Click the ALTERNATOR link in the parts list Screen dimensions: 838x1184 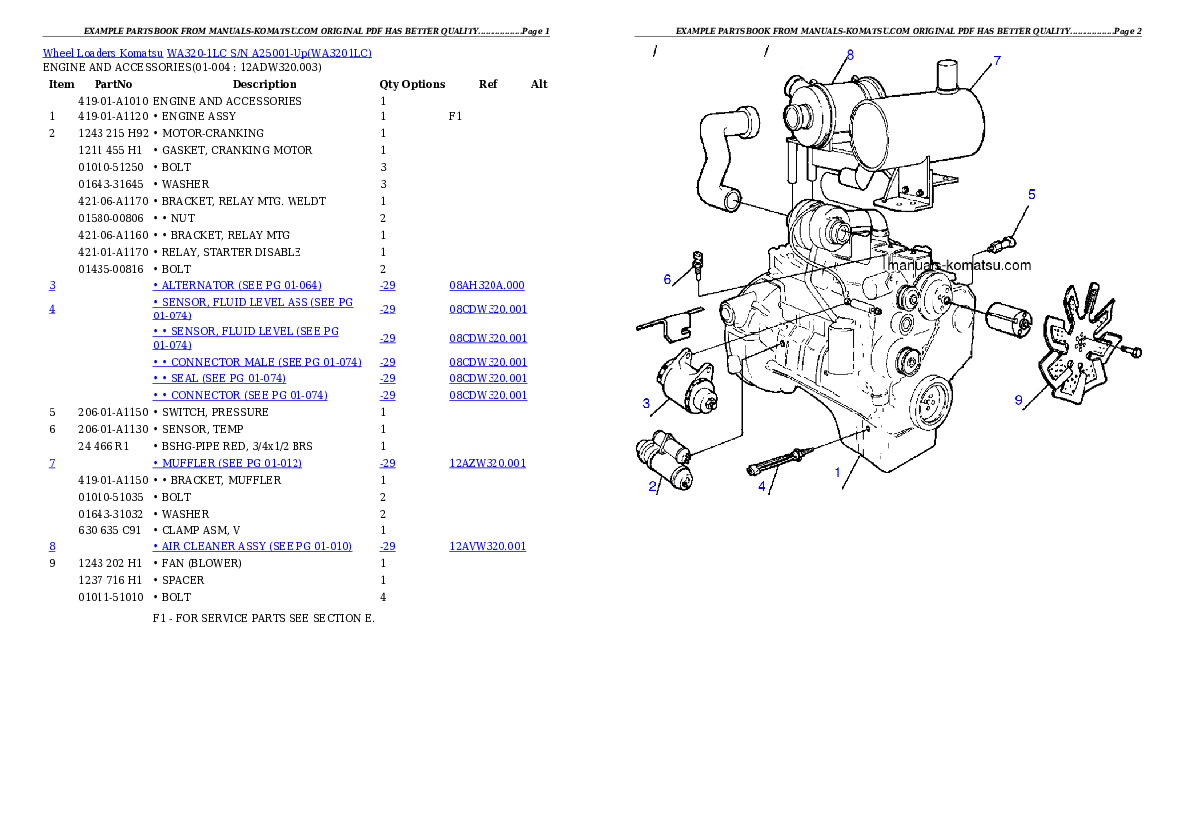242,285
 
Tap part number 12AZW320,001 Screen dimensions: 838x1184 488,464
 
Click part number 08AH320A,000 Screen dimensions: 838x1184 487,285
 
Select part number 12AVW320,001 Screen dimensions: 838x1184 488,547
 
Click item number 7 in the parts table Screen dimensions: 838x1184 52,464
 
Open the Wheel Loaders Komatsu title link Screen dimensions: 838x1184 207,52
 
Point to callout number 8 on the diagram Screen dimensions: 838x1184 850,54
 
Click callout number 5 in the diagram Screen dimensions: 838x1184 1031,194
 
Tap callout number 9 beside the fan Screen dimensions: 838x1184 1018,400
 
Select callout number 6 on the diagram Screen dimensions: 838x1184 667,279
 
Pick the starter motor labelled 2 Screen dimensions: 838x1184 665,461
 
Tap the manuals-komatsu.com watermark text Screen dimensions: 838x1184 958,266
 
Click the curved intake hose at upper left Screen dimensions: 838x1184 718,159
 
